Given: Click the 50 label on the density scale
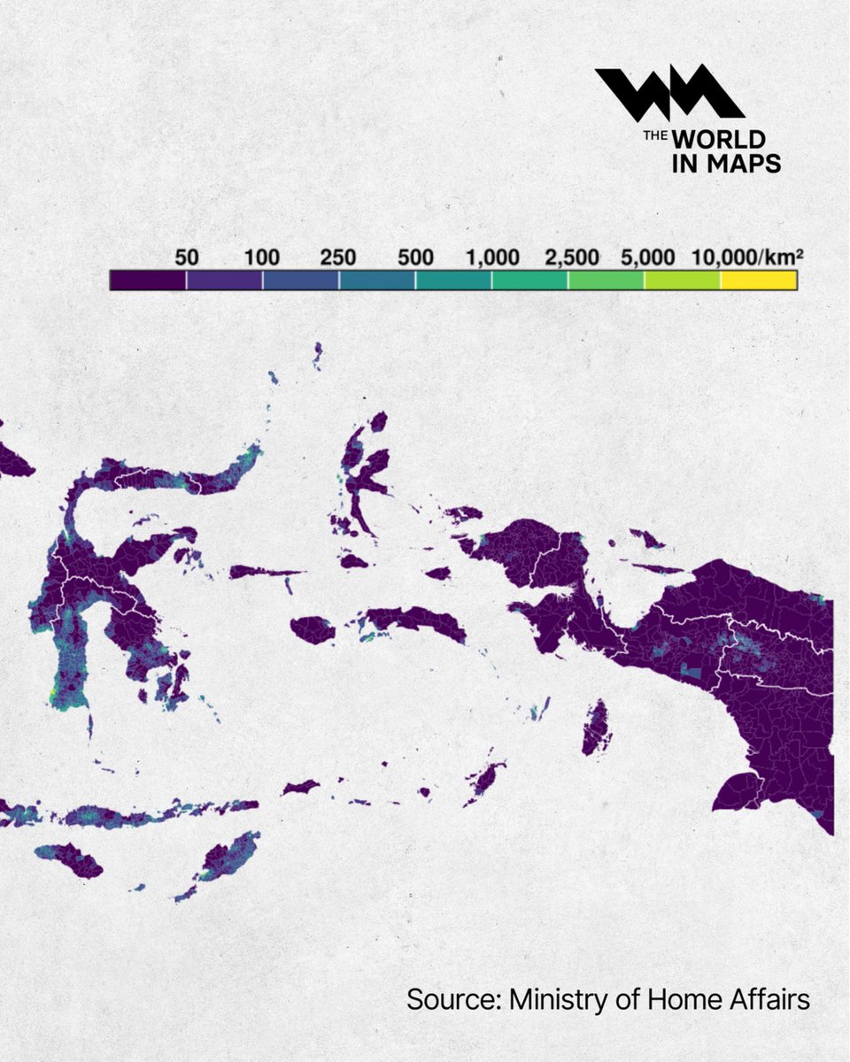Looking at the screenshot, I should (187, 258).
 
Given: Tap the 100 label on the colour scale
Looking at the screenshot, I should (262, 258).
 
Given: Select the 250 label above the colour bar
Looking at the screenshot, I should (338, 258).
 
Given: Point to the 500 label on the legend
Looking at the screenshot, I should (415, 258).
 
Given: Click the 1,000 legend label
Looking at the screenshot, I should (492, 258).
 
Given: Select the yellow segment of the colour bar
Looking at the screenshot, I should (759, 281).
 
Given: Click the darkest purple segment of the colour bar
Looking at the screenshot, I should (148, 281).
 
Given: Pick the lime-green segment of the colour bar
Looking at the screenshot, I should (682, 281).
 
